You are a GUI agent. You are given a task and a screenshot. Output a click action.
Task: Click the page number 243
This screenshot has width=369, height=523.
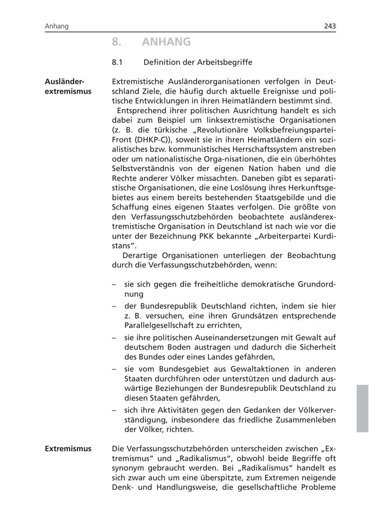point(330,26)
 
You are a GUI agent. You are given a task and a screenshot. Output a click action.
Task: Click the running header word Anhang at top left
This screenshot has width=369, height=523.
point(57,26)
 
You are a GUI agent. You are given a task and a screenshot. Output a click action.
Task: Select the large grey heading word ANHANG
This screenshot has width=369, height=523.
point(166,42)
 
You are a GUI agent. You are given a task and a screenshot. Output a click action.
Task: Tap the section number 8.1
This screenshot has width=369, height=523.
point(117,62)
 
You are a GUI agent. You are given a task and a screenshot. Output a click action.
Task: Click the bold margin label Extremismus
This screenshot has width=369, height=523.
point(68,449)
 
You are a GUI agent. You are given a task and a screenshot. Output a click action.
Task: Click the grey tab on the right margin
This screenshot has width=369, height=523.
point(362,408)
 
